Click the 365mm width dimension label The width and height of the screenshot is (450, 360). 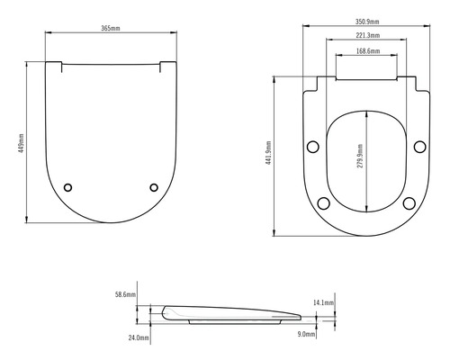[x=112, y=28]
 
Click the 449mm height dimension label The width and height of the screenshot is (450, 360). [x=21, y=141]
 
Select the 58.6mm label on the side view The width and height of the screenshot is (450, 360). [x=125, y=294]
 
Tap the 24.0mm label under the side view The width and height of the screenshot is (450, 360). [x=138, y=337]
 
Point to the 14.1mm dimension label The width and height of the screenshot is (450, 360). [x=324, y=303]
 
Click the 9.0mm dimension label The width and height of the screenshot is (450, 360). [x=306, y=334]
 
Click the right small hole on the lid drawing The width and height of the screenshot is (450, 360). [x=154, y=187]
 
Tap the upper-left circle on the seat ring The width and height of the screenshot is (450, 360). [x=313, y=147]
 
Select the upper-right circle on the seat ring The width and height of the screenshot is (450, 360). [x=419, y=147]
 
